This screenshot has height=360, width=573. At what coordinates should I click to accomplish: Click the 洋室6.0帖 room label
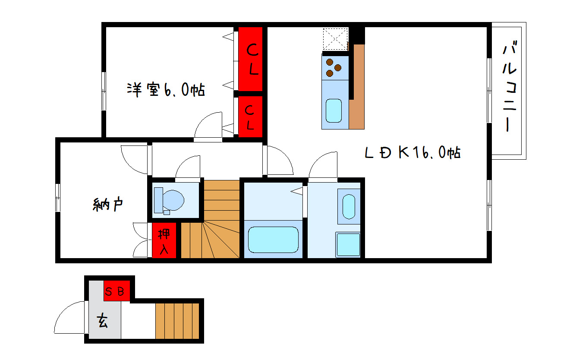(x=166, y=89)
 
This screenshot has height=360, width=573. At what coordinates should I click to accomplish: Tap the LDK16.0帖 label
(x=412, y=152)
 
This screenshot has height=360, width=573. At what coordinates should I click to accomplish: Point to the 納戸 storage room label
(x=108, y=205)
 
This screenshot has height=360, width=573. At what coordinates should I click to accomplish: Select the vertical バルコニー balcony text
(x=509, y=86)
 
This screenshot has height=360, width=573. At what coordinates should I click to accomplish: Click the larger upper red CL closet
(x=250, y=59)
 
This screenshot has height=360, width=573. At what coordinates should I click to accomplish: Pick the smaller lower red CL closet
(x=250, y=117)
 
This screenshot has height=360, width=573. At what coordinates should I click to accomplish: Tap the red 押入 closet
(x=164, y=240)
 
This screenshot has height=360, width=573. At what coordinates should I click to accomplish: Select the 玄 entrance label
(x=103, y=321)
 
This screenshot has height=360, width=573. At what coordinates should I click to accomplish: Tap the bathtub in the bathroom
(x=273, y=240)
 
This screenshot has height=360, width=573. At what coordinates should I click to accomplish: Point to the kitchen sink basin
(x=334, y=111)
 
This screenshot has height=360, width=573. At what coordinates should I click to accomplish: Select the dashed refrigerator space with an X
(x=335, y=39)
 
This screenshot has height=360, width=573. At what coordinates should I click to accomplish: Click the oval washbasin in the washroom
(x=349, y=207)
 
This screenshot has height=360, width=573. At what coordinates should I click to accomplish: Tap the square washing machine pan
(x=348, y=244)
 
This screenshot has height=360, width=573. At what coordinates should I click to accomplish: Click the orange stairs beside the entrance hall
(x=177, y=321)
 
